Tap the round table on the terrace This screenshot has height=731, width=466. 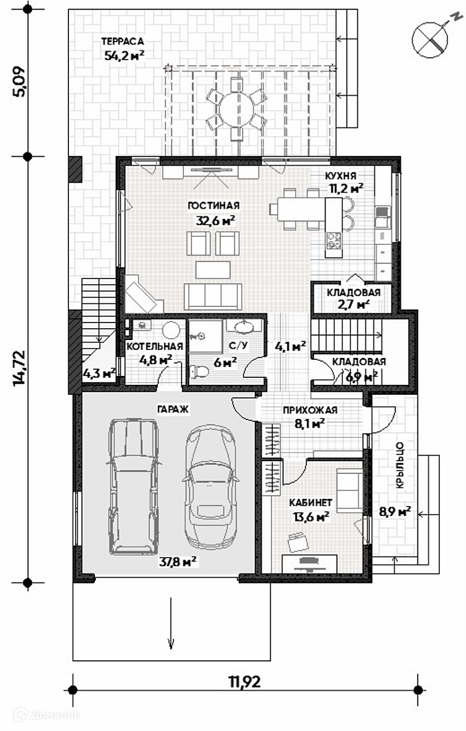[237, 109]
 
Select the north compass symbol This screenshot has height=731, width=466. [431, 39]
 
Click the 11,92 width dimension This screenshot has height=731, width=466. [245, 681]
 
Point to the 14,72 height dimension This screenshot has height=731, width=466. [21, 368]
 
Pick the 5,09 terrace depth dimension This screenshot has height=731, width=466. [21, 82]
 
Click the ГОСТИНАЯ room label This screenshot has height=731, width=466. [214, 206]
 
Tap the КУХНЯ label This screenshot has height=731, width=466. [340, 176]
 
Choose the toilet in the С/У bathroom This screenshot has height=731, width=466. [199, 372]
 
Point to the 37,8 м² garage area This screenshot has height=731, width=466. [177, 562]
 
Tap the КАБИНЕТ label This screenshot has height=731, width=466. [311, 502]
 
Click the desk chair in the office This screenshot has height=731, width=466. [299, 542]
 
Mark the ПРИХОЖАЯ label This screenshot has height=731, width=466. [310, 410]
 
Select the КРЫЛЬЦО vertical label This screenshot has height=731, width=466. [400, 465]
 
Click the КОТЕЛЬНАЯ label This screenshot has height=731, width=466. [154, 346]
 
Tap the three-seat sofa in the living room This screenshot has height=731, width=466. [213, 297]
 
